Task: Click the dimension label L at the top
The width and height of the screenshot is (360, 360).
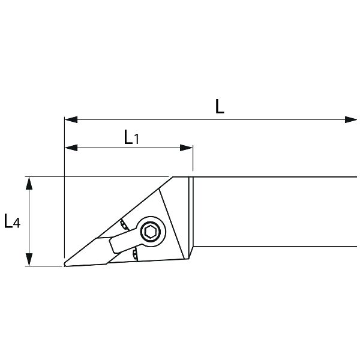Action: tap(220, 107)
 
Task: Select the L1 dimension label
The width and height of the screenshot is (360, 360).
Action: tap(131, 137)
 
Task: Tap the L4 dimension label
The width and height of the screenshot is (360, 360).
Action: tap(12, 221)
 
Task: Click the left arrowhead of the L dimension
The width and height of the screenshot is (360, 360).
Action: tap(71, 119)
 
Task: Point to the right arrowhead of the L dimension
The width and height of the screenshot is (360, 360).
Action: tap(351, 119)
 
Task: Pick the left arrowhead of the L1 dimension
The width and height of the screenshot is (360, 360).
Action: tap(71, 148)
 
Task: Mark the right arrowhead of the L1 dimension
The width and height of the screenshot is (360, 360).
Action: tap(186, 148)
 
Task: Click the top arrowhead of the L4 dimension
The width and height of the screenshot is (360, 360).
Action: tap(29, 183)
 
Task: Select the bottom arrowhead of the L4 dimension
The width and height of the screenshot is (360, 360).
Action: tap(29, 260)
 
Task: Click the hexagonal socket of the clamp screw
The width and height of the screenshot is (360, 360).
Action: tap(151, 232)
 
